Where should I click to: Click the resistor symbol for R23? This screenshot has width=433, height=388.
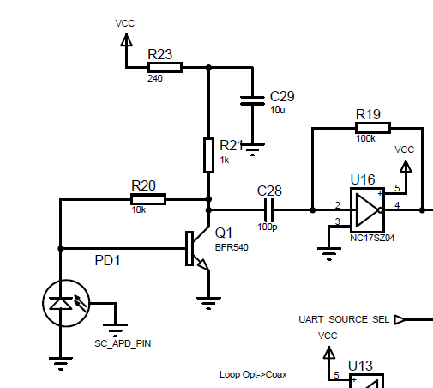click(165, 68)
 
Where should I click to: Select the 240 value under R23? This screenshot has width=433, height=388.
click(155, 78)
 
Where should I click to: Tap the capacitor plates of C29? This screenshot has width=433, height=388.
click(252, 100)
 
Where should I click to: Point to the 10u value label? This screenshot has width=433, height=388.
click(278, 110)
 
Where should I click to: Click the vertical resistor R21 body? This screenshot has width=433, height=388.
click(208, 155)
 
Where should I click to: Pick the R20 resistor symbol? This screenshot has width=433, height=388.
click(148, 199)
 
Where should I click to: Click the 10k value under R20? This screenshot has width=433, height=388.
click(139, 209)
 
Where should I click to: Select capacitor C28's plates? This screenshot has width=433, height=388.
click(268, 210)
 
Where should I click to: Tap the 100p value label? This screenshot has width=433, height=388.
click(268, 227)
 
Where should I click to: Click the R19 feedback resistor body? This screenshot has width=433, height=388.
click(373, 128)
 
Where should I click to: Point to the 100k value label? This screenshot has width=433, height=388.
click(365, 138)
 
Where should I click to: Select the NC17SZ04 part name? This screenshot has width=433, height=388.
click(372, 238)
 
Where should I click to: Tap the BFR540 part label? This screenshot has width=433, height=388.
click(232, 247)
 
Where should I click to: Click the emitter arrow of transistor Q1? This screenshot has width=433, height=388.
click(203, 264)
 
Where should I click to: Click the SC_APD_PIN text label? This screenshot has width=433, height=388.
click(123, 343)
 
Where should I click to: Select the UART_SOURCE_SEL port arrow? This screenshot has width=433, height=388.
click(400, 319)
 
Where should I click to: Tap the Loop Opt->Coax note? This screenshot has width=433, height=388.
click(253, 374)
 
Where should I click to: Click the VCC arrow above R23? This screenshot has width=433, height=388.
click(126, 40)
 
